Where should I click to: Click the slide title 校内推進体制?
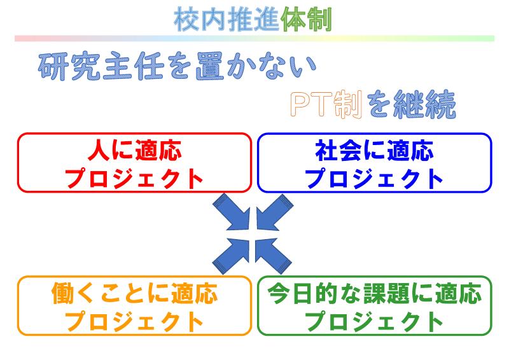[253, 20]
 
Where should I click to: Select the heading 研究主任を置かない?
[178, 67]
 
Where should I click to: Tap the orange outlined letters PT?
[311, 104]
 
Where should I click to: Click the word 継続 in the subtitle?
[424, 104]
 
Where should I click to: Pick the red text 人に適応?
[134, 150]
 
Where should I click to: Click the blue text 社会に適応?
[374, 150]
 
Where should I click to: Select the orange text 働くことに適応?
[134, 293]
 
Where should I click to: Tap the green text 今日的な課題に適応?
[374, 293]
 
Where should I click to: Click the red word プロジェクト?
[134, 178]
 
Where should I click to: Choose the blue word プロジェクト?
[374, 178]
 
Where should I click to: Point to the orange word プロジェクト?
[134, 321]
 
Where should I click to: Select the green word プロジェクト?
[374, 321]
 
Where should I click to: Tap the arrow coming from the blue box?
[274, 212]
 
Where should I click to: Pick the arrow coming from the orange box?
[232, 256]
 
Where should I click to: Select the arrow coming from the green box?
[273, 256]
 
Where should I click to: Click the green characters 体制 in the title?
[306, 20]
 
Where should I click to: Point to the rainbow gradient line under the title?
[254, 39]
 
